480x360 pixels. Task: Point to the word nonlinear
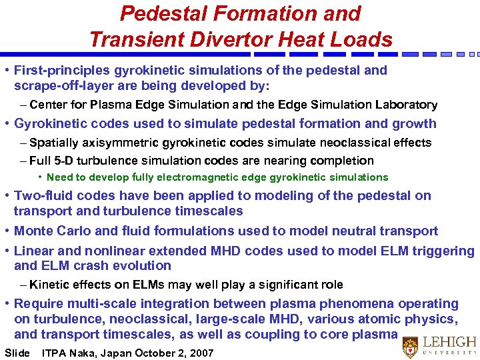coord(103,251)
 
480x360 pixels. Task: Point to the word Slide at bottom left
coord(17,353)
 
